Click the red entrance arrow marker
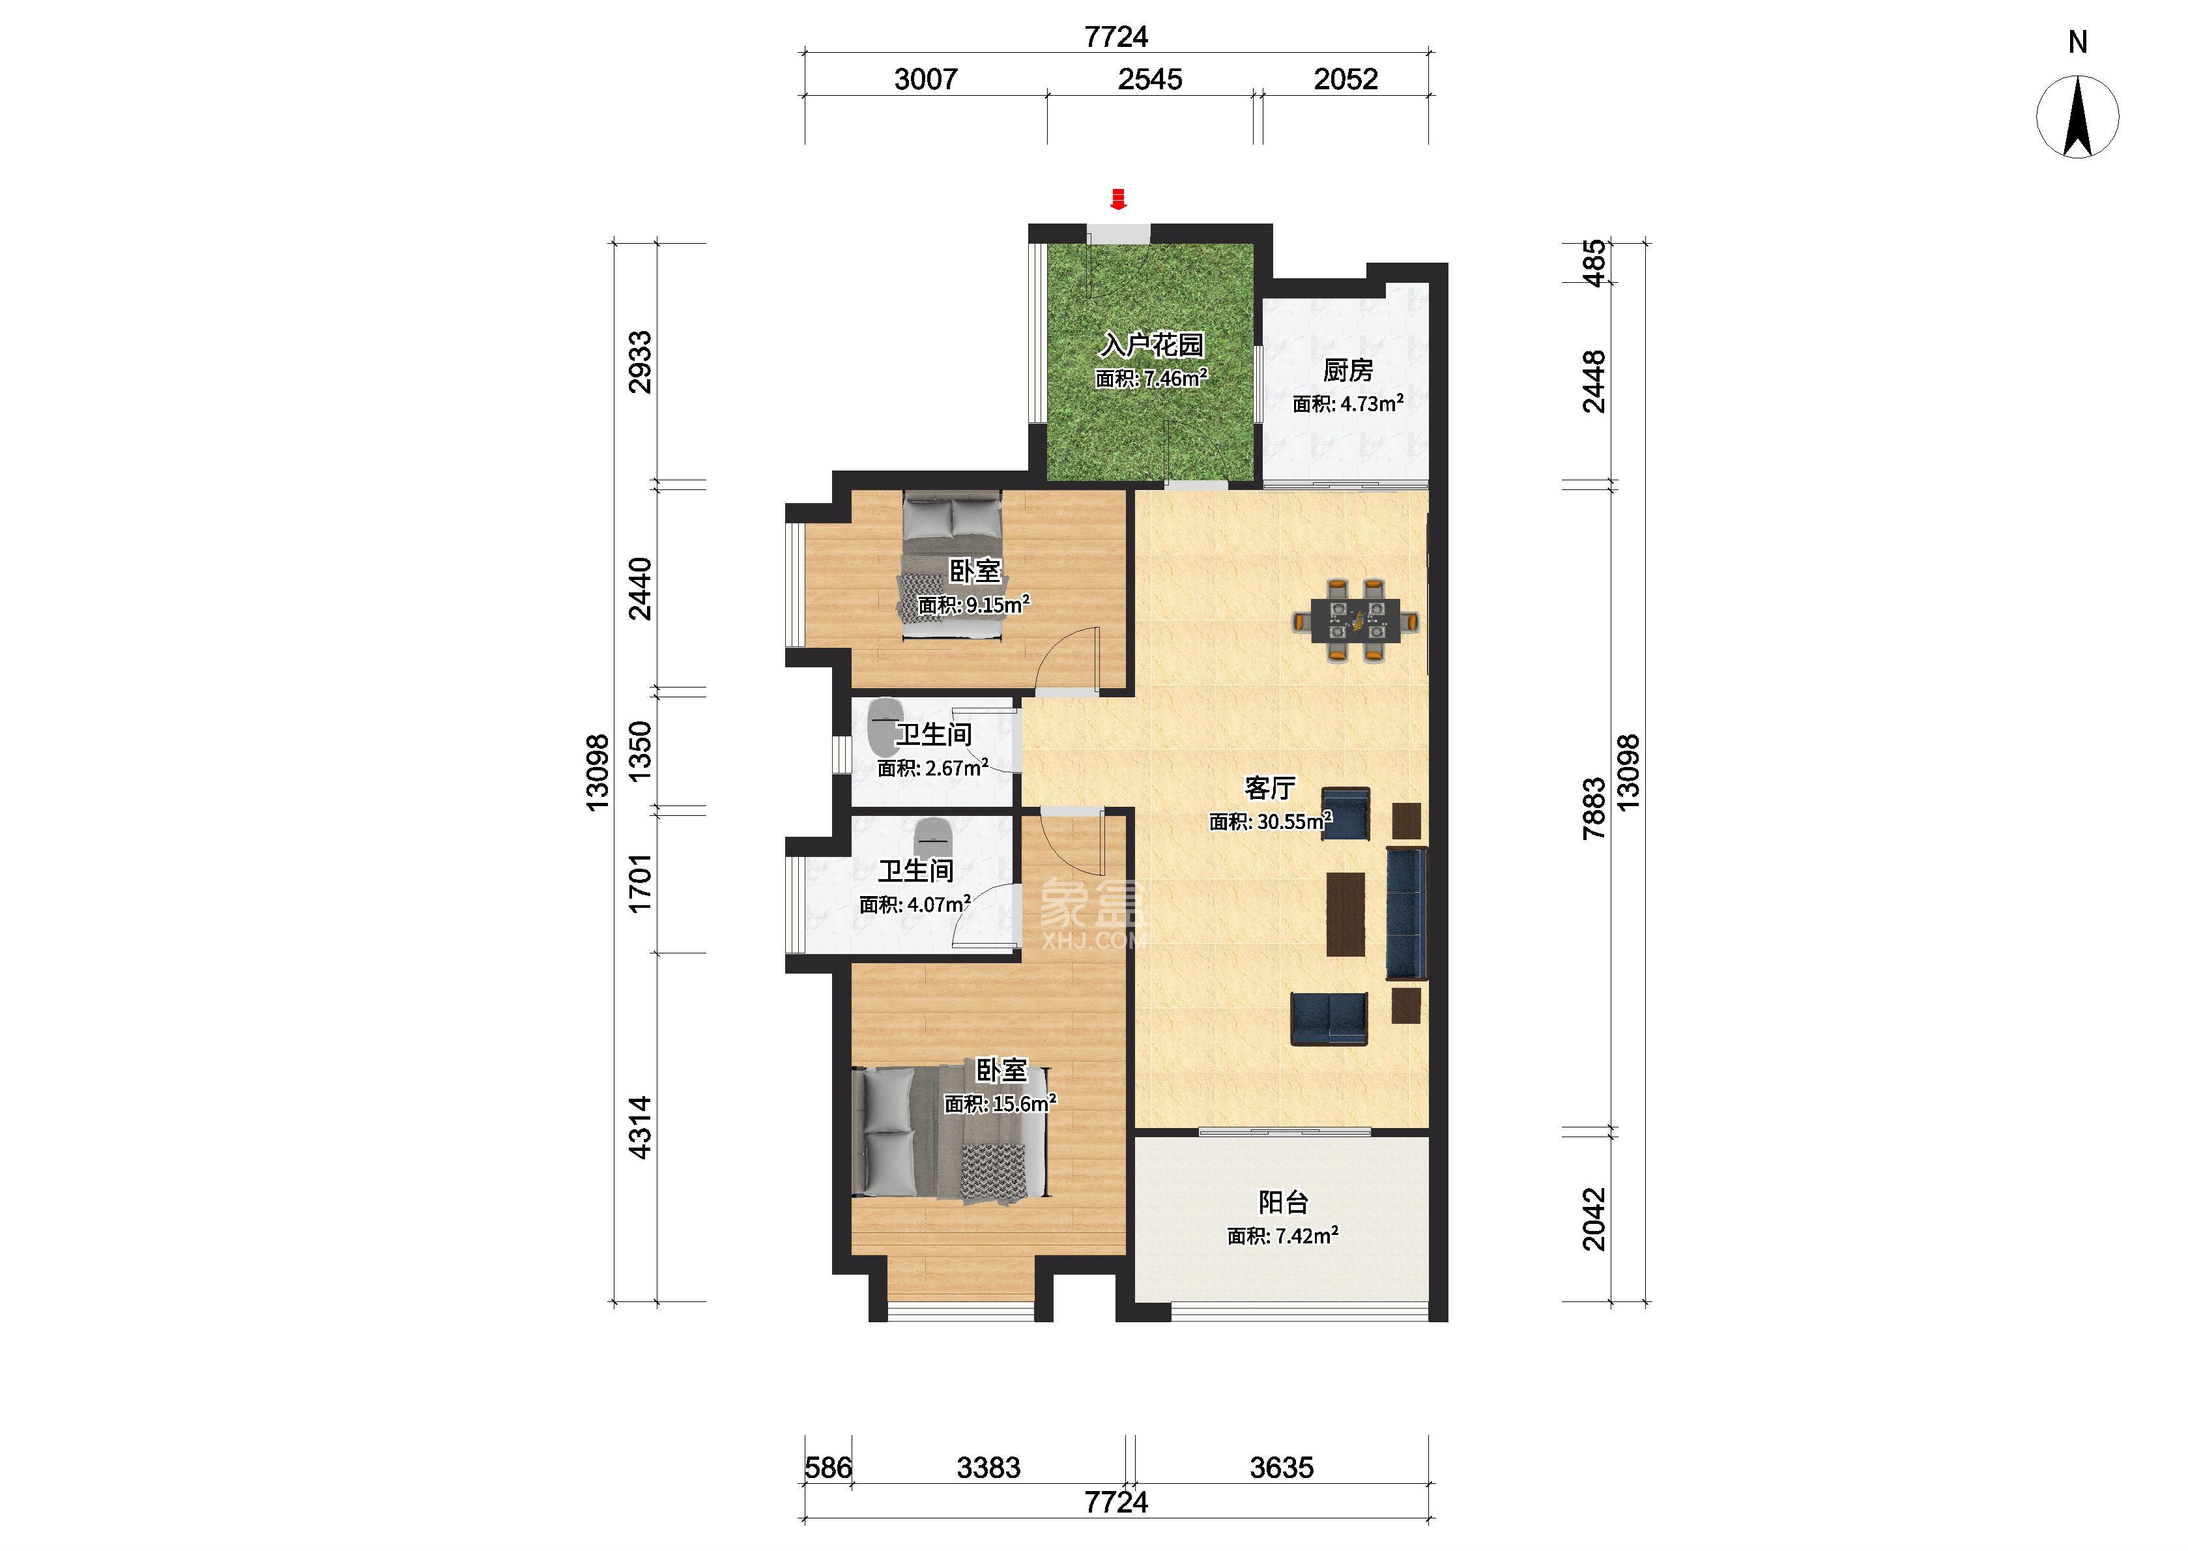pos(1118,199)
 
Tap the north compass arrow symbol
pos(2077,117)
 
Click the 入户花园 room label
pos(1151,344)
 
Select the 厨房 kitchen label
pos(1348,370)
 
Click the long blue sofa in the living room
pos(1406,913)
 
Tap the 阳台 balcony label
pos(1282,1202)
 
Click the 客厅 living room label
pos(1270,788)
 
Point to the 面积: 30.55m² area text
pos(1271,821)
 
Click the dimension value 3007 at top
pos(925,80)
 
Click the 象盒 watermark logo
pos(1092,913)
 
